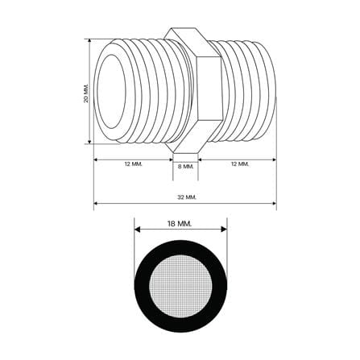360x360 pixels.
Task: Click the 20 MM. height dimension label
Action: pyautogui.click(x=86, y=93)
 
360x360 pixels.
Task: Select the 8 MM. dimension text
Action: pyautogui.click(x=186, y=167)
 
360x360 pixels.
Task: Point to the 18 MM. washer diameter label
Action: pyautogui.click(x=180, y=224)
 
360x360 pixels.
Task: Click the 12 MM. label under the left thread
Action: pyautogui.click(x=134, y=164)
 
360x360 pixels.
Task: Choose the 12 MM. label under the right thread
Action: pyautogui.click(x=240, y=163)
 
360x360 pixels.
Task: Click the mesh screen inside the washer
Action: pyautogui.click(x=180, y=286)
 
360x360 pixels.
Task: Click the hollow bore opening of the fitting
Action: pyautogui.click(x=111, y=92)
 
